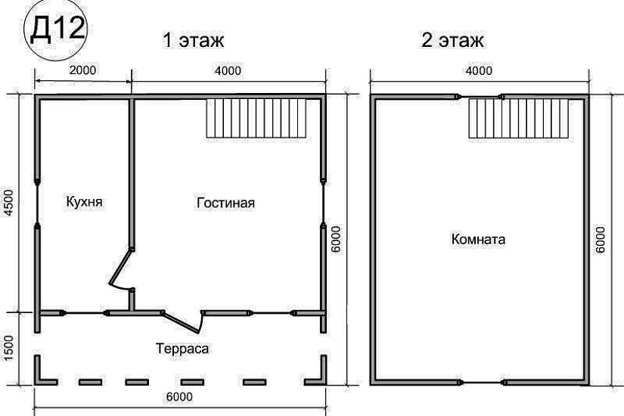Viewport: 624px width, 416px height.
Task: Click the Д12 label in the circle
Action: pyautogui.click(x=57, y=32)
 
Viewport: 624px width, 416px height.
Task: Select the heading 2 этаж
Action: pyautogui.click(x=452, y=39)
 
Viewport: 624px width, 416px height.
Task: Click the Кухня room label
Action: pyautogui.click(x=85, y=203)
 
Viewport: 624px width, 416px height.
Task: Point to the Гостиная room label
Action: pyautogui.click(x=225, y=203)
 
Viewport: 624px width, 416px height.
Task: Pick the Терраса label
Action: pyautogui.click(x=183, y=349)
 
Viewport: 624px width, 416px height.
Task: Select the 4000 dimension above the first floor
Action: pyautogui.click(x=228, y=70)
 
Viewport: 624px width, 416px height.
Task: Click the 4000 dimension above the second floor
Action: pyautogui.click(x=478, y=70)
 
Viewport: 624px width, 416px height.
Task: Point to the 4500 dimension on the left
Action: pyautogui.click(x=10, y=202)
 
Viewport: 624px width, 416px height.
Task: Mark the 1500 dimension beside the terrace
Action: pyautogui.click(x=10, y=349)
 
